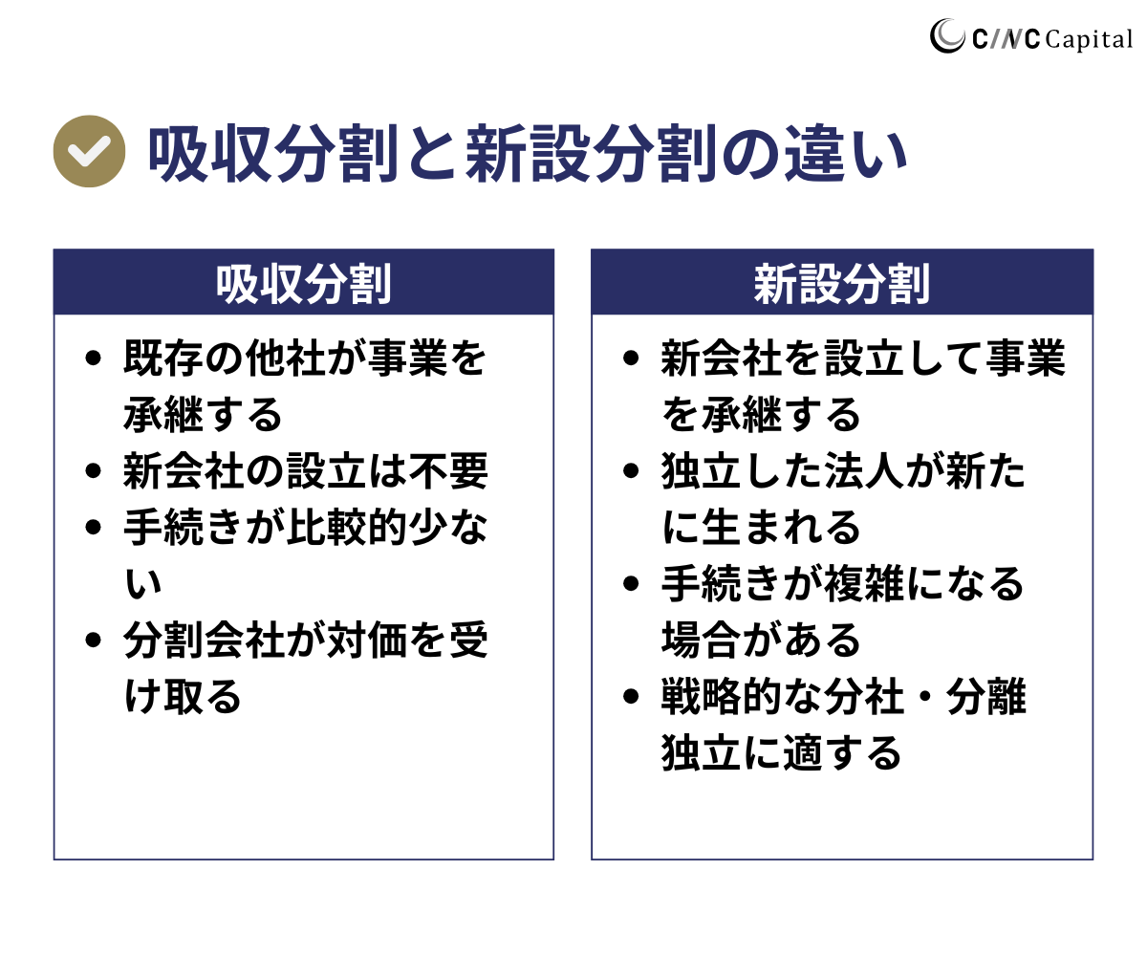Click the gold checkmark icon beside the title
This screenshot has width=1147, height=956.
coord(89,151)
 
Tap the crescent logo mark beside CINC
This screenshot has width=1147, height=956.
coord(947,36)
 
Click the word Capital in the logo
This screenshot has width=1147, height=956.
coord(1089,39)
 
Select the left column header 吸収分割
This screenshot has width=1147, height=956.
coord(303,284)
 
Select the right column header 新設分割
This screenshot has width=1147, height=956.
coord(841,284)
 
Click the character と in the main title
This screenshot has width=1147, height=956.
coord(432,153)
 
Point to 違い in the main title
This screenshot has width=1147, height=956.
coord(845,153)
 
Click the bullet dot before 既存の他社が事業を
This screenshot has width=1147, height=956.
coord(94,358)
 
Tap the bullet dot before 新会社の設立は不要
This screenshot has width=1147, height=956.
coord(94,471)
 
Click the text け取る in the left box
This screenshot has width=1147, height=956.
coord(183,696)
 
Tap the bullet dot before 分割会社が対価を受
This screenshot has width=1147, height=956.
coord(94,640)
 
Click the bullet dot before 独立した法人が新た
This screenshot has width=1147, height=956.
coord(631,471)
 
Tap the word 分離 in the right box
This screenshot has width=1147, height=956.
coord(986,696)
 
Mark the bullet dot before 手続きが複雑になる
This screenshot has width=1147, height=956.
coord(631,583)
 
